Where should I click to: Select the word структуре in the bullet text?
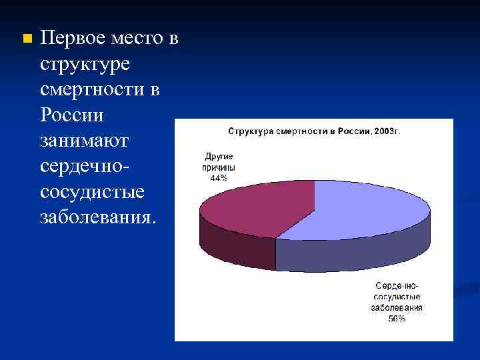(x=87, y=67)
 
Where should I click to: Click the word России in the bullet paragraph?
(x=71, y=116)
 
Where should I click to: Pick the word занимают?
(x=87, y=142)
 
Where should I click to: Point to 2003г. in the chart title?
(x=386, y=131)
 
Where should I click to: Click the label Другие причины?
(x=219, y=163)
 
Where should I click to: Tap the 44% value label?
(x=219, y=178)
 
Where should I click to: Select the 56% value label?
(x=397, y=318)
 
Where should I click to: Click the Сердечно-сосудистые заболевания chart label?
(x=397, y=297)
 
